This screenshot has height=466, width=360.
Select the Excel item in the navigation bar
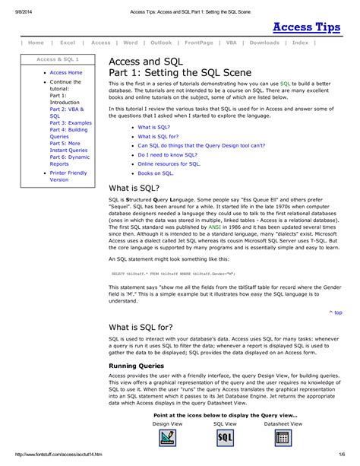pos(68,43)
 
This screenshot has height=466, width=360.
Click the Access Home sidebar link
pos(66,72)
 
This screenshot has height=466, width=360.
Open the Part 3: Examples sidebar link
pos(71,122)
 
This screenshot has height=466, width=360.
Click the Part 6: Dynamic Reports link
pos(70,159)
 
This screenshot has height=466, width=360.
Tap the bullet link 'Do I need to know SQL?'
pos(168,154)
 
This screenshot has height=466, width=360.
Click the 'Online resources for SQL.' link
pos(169,163)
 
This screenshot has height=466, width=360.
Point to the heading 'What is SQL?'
pos(134,188)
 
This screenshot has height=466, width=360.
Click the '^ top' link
pos(335,312)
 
